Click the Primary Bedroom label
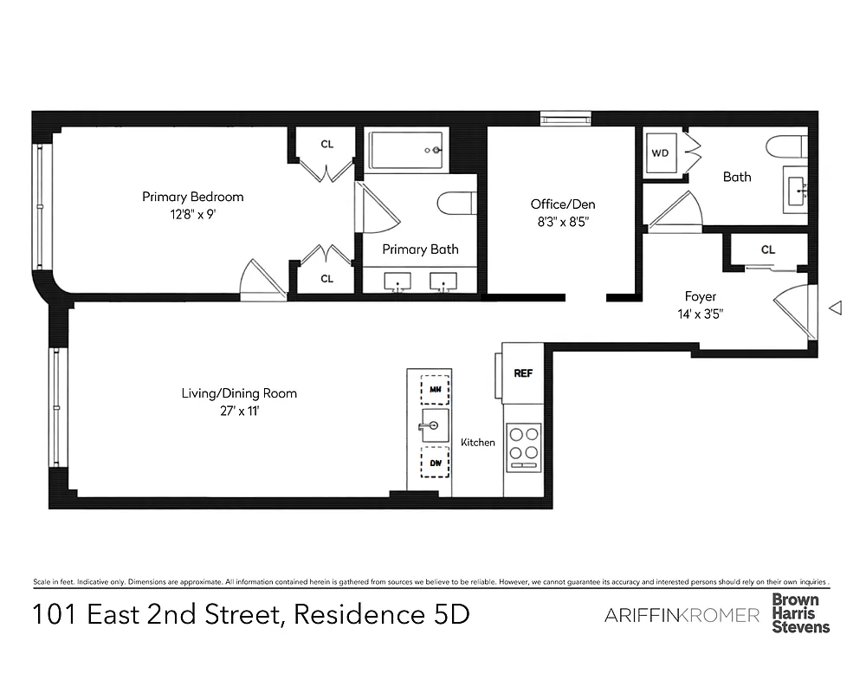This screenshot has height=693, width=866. pos(192,197)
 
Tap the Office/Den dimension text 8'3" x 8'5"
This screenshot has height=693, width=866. pos(563,221)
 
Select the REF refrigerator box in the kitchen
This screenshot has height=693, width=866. pos(522,373)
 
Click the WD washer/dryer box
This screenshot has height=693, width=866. pos(660,153)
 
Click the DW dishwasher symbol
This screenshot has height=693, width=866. pos(435,463)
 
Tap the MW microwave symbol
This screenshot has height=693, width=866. pos(435,389)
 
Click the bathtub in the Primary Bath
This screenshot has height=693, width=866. pos(406,151)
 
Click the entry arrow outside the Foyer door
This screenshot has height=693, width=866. pos(836,308)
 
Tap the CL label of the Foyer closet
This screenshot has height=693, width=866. pos(767,249)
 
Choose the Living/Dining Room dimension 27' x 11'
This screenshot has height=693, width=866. pos(239,411)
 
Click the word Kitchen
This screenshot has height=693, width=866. pos(478,443)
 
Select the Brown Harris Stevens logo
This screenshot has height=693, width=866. pos(800,612)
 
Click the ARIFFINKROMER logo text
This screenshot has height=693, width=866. pos(682,615)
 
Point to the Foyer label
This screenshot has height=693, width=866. pos(701,296)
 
